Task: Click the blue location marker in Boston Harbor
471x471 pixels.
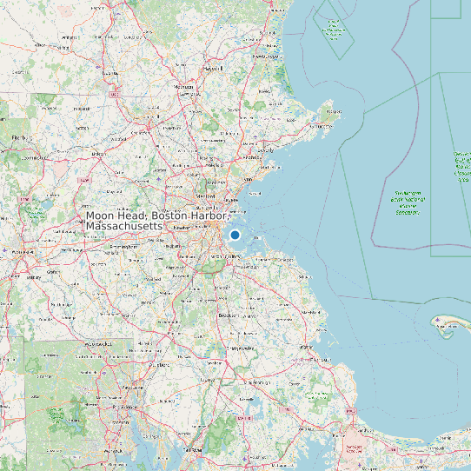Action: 235,235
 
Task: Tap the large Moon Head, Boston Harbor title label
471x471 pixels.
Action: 156,220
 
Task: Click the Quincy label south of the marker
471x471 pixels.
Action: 232,257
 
